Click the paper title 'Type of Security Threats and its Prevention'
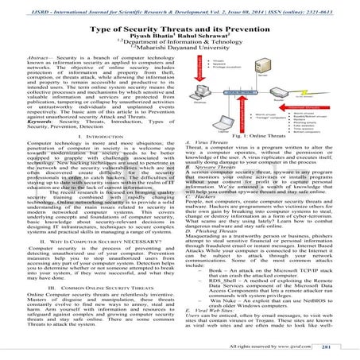point(180,25)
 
